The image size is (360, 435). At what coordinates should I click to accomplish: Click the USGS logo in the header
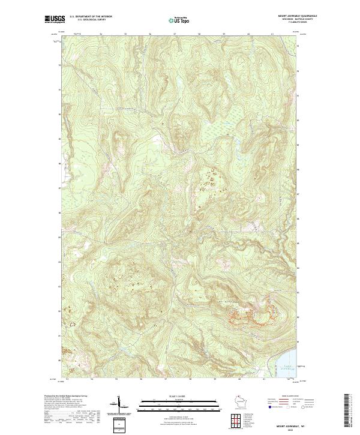pos(54,20)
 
